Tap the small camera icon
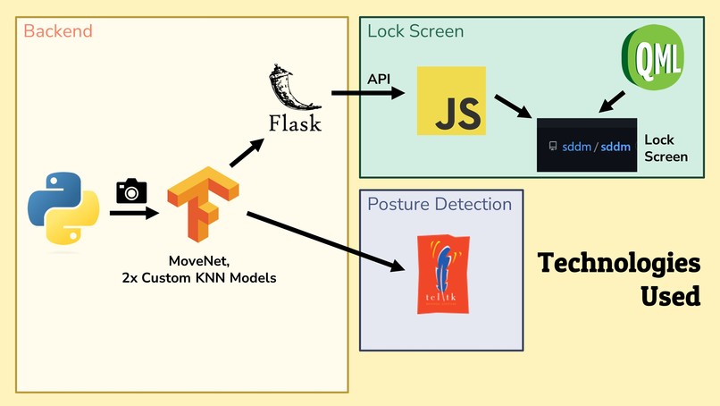(x=131, y=190)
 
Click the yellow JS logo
(x=451, y=100)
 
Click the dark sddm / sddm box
(x=586, y=145)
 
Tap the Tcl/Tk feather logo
(x=442, y=274)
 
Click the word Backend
(x=57, y=31)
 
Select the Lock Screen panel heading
(x=415, y=31)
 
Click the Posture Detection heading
(x=440, y=205)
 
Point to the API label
(x=380, y=79)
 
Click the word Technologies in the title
(x=618, y=264)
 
